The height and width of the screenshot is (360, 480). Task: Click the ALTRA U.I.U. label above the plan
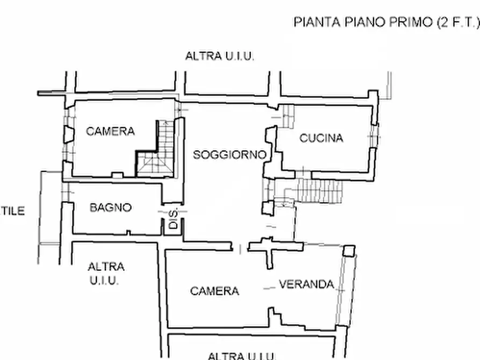[x=219, y=56]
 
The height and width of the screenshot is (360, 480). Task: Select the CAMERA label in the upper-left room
[x=110, y=131]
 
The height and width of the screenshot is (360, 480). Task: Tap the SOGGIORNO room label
[x=230, y=155]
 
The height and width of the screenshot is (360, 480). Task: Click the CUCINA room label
[x=321, y=138]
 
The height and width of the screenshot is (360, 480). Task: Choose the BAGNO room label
[x=110, y=207]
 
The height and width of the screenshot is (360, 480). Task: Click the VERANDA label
[x=306, y=285]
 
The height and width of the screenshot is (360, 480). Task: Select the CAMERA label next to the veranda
[x=214, y=291]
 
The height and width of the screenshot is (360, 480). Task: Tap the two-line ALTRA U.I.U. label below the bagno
[x=106, y=273]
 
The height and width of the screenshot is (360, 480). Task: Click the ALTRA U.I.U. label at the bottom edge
[x=241, y=355]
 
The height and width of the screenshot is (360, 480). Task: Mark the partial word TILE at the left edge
[x=12, y=211]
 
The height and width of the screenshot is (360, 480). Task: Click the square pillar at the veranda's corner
[x=349, y=250]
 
